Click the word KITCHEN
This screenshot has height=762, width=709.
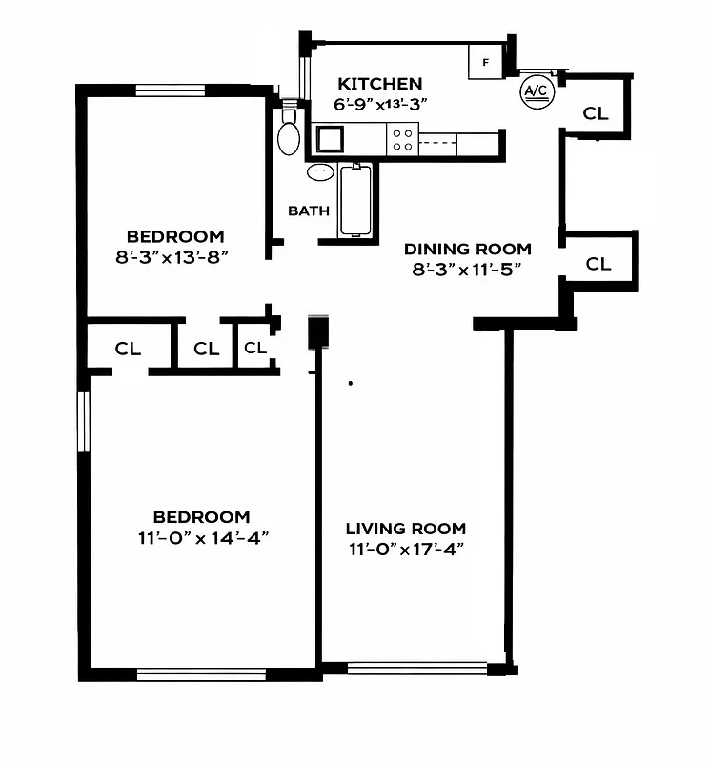pos(379,84)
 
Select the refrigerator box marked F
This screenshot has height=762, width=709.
pos(486,63)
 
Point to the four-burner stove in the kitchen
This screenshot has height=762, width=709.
pos(402,141)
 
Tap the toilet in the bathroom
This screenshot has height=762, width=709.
pos(288,133)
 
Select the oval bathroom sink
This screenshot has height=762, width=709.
pos(321,172)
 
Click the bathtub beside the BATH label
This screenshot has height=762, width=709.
pos(354,199)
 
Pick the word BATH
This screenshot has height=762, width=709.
pos(309,211)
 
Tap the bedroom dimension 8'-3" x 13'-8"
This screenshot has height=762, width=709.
pos(175,256)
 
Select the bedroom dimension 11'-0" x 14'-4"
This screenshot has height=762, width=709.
pos(201,537)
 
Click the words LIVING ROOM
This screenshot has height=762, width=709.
pos(405,529)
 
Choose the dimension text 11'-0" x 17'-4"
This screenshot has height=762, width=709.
pos(405,550)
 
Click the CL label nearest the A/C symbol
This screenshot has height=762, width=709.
pos(596,113)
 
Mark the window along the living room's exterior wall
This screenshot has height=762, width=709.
pos(416,669)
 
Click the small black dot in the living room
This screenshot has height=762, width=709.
pos(351,384)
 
